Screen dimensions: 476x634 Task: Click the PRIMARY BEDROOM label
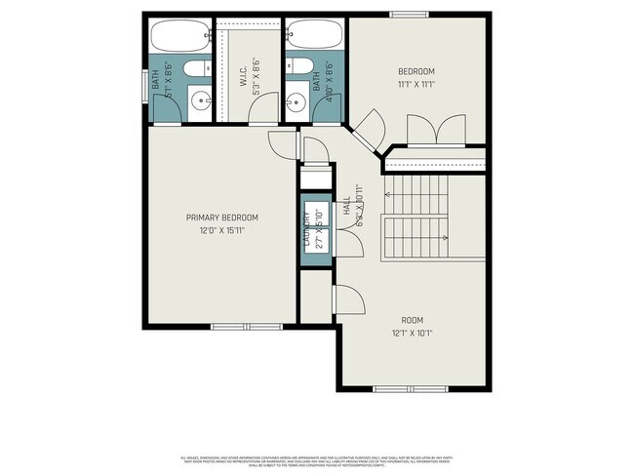222,218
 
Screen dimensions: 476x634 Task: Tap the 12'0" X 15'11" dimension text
222,231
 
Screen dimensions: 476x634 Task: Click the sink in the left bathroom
198,99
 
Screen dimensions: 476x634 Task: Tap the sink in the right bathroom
298,99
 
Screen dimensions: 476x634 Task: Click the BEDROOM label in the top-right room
416,72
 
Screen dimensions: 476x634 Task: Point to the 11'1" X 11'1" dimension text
416,86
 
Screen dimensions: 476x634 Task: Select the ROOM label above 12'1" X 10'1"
413,320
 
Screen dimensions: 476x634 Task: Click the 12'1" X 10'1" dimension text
413,334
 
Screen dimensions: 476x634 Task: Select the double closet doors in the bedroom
434,132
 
